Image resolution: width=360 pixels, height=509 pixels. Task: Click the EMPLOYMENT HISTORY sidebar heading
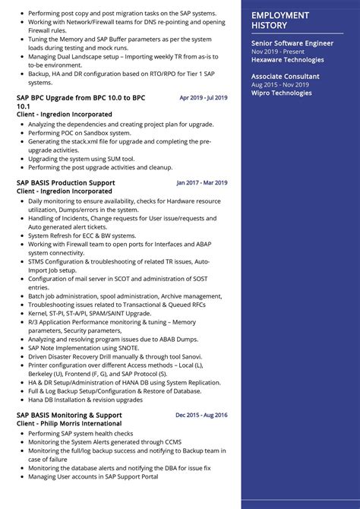pyautogui.click(x=280, y=21)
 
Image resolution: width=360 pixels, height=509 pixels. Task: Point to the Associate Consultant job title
pyautogui.click(x=286, y=77)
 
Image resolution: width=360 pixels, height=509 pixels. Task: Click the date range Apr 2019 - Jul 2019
pyautogui.click(x=204, y=98)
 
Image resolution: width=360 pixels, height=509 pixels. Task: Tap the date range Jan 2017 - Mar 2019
pyautogui.click(x=202, y=183)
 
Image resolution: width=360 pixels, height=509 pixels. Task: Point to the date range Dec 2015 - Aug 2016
pyautogui.click(x=201, y=415)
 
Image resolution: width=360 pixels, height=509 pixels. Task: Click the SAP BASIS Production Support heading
pyautogui.click(x=65, y=183)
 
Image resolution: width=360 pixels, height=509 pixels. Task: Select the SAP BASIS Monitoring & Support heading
pyautogui.click(x=68, y=415)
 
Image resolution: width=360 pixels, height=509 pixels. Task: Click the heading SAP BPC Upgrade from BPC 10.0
pyautogui.click(x=81, y=98)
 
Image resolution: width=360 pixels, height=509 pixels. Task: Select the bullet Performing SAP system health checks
pyautogui.click(x=79, y=432)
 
